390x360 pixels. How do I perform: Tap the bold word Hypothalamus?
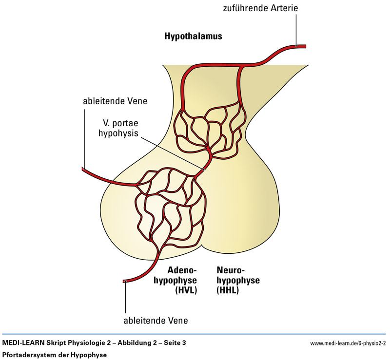coord(193,37)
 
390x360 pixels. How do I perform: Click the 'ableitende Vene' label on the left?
coord(115,101)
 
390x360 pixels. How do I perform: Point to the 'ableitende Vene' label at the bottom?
coord(156,321)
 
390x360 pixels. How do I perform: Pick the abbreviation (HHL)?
coord(228,291)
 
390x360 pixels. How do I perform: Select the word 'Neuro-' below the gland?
coord(230,270)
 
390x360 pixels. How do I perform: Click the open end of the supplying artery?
coord(305,47)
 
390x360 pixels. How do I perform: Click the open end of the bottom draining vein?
coord(125,282)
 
